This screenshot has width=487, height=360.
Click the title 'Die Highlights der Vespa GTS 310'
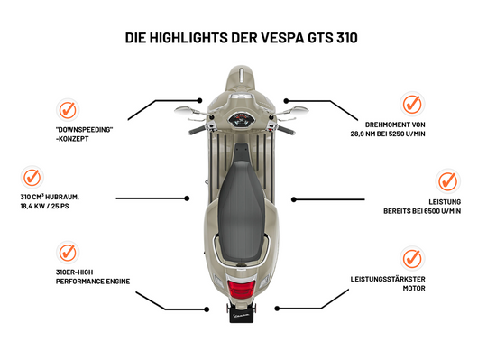pyautogui.click(x=243, y=39)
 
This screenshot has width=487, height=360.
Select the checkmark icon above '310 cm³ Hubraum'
pyautogui.click(x=32, y=176)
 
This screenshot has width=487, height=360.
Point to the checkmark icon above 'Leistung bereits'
pyautogui.click(x=449, y=180)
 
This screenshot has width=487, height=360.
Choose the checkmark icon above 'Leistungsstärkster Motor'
pyautogui.click(x=413, y=257)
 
